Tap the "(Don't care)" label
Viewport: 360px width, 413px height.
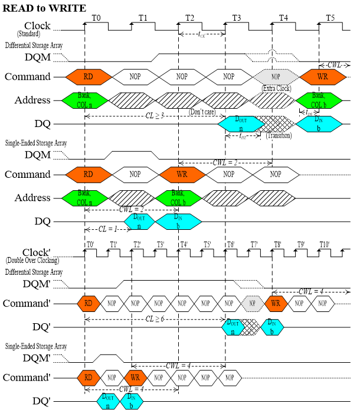pos(202,112)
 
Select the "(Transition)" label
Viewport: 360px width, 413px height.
pos(279,136)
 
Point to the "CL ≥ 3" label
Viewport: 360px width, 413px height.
pos(155,116)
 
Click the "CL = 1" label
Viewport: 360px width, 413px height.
pos(108,229)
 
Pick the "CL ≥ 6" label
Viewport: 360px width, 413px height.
pos(155,319)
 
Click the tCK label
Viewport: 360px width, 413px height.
pos(202,34)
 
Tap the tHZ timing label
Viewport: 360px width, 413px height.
pos(243,136)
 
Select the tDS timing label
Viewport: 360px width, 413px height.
pos(309,112)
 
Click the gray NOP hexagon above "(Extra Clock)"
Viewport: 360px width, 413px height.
pos(276,77)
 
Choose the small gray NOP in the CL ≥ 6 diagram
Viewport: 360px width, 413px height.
pos(253,304)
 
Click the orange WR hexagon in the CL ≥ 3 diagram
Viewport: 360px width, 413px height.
pos(322,77)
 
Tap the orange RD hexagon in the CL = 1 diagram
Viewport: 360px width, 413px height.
pos(89,174)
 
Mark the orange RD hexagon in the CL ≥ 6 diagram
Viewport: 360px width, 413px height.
pos(89,304)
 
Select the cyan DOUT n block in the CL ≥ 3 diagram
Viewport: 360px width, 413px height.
pos(241,124)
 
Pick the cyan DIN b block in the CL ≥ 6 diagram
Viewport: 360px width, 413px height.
pos(272,327)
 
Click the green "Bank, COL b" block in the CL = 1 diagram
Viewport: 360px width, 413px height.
pos(178,199)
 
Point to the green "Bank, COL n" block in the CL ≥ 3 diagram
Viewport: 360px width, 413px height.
pos(85,100)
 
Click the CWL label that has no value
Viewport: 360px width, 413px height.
pos(335,65)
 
